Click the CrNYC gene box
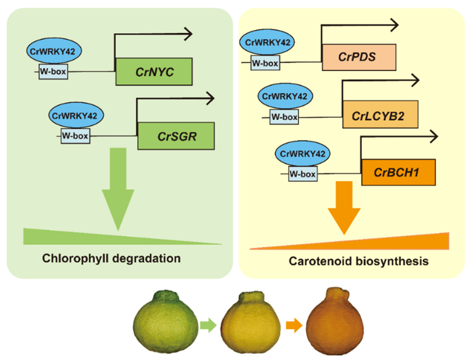point(154,72)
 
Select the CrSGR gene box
point(176,136)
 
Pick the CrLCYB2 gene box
point(381,116)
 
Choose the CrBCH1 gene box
point(398,172)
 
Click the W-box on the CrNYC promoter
point(54,72)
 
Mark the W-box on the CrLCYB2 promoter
point(284,117)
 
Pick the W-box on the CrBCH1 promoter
point(302,173)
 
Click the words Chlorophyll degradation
point(111,258)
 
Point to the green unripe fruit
point(164,322)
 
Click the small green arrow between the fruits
point(208,326)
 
